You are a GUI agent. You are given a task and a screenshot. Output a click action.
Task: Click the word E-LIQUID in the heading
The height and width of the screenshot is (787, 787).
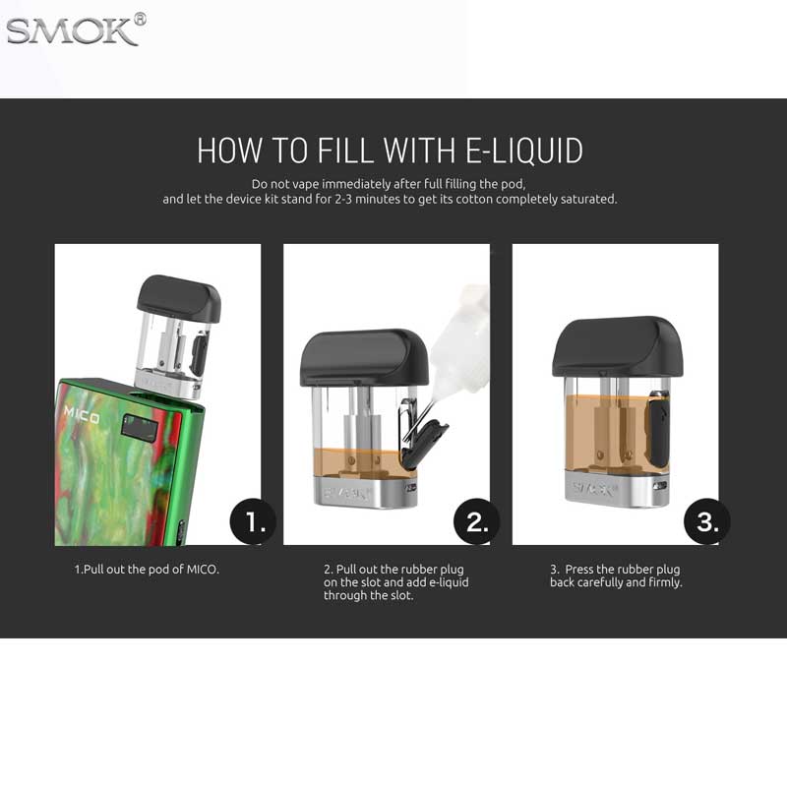524,151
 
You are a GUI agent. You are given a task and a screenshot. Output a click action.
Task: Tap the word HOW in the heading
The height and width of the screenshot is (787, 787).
230,151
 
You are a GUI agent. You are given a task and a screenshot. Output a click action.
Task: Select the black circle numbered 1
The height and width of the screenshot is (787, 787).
253,521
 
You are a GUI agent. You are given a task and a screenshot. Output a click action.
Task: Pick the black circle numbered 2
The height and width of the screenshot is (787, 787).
476,521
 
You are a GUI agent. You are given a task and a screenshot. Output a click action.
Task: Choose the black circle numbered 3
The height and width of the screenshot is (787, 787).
707,521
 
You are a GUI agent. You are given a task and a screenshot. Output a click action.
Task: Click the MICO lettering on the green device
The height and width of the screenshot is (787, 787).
82,414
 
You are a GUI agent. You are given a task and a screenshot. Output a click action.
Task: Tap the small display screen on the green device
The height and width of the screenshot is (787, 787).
140,427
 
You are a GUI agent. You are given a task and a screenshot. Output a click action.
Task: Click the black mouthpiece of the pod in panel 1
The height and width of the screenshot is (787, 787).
179,298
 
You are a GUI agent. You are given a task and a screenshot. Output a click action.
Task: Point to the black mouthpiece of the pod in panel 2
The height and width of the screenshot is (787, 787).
364,357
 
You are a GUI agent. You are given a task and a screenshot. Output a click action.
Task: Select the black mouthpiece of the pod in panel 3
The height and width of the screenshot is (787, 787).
618,346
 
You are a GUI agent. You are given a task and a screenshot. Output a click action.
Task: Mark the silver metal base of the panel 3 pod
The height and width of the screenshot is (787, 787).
618,488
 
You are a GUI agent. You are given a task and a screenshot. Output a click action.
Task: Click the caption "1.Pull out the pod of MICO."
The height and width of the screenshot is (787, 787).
147,570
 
